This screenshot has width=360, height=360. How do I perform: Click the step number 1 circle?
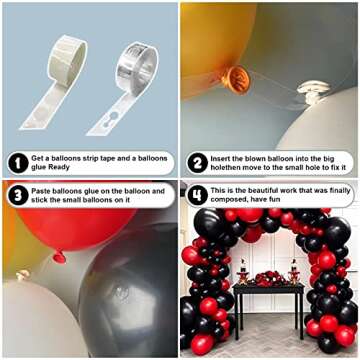(17, 163)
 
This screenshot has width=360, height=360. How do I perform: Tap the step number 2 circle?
(197, 163)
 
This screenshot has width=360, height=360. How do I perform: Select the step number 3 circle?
(17, 196)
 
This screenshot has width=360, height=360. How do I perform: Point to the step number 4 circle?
(197, 196)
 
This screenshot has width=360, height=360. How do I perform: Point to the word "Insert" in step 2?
(225, 157)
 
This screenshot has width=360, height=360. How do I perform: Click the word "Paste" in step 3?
(44, 190)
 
